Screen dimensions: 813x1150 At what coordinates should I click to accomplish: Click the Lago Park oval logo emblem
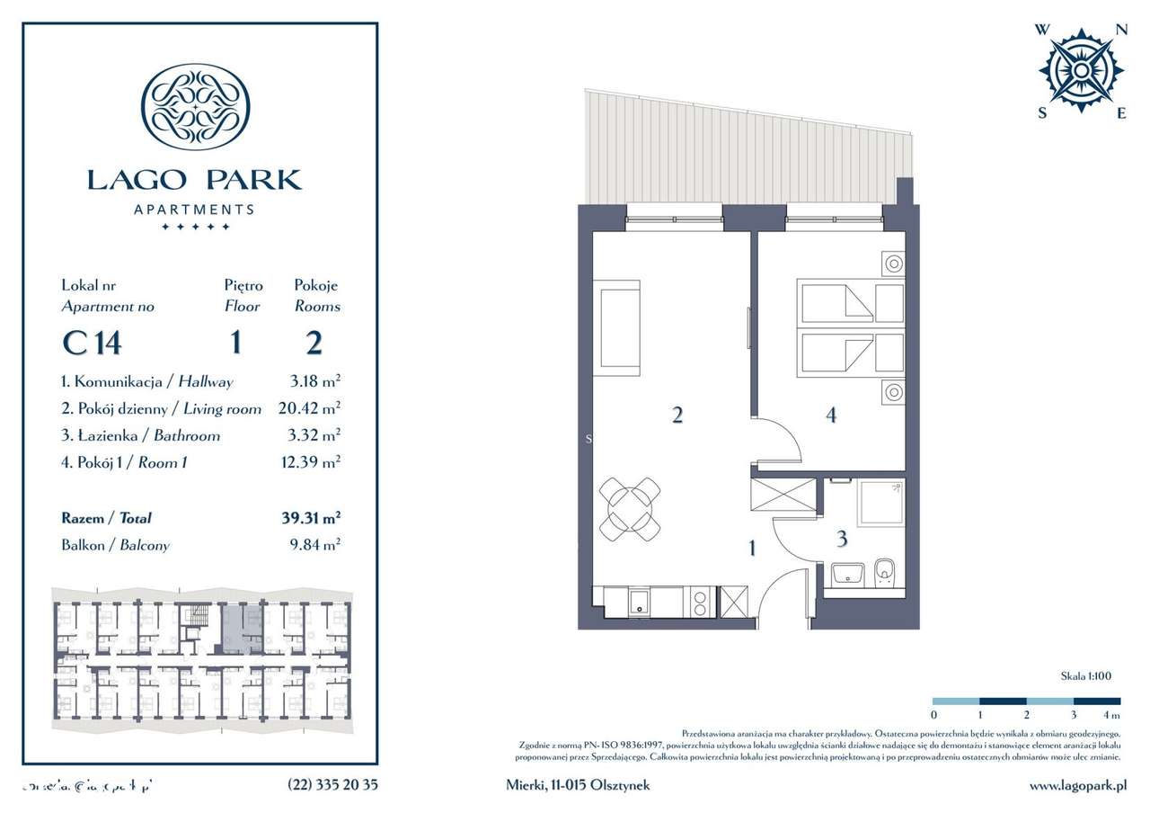196,106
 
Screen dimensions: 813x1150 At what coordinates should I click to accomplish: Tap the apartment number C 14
91,343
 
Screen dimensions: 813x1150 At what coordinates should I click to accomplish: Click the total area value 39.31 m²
310,518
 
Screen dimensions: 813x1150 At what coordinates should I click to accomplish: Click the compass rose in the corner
1081,70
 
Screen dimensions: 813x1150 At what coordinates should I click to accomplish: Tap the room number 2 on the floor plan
677,415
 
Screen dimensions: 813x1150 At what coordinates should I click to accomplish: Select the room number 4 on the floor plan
831,415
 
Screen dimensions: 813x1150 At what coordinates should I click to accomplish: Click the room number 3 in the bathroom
842,539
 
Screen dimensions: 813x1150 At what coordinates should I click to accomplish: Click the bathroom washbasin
847,574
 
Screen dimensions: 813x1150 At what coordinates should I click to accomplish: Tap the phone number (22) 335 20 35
333,784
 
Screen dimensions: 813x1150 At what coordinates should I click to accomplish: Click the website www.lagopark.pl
1077,785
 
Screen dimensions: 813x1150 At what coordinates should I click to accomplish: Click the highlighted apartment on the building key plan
233,628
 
